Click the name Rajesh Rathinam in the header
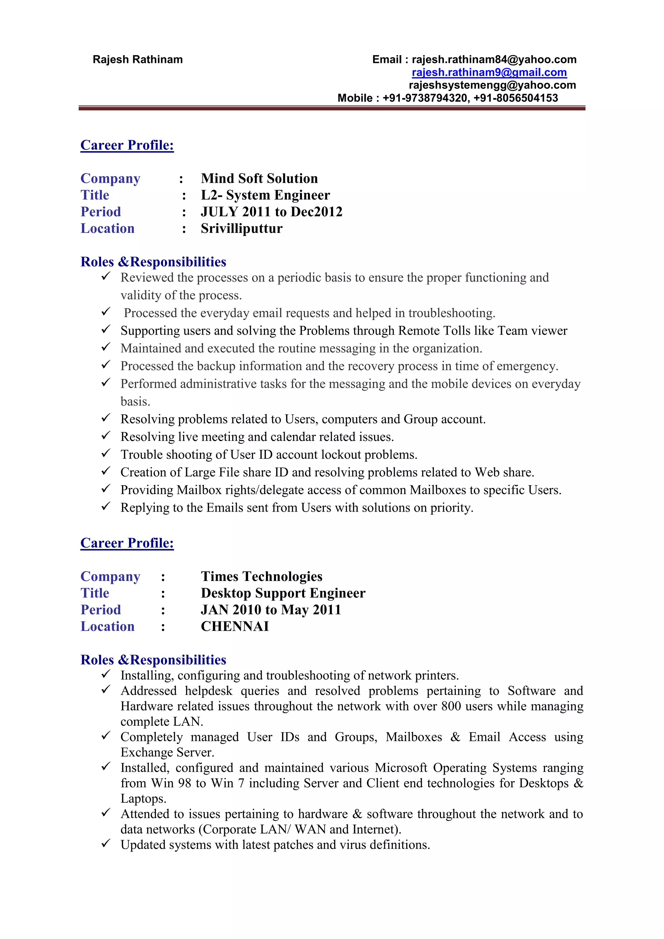point(137,60)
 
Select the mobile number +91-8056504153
point(516,98)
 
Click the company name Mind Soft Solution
point(259,179)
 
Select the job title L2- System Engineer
point(265,196)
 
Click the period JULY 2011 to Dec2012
point(271,212)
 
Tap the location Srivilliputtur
point(242,229)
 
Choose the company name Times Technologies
point(262,576)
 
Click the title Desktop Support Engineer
point(283,593)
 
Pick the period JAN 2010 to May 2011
point(271,610)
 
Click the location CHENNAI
point(235,626)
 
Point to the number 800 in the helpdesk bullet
point(451,706)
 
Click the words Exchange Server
point(167,753)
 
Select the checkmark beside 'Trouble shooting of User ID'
point(106,453)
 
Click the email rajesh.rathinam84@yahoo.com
point(494,60)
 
